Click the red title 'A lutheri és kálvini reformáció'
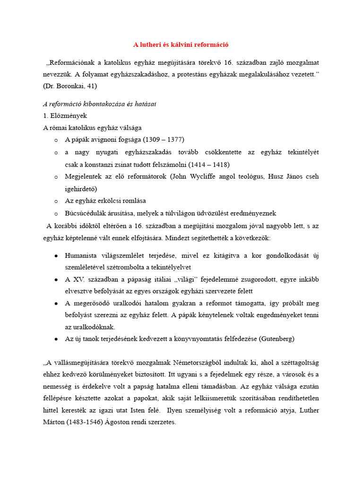pos(181,45)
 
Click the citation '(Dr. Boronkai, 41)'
pos(69,86)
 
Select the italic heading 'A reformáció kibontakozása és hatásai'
pos(99,104)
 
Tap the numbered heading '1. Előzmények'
pos(65,115)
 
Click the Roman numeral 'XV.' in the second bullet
pos(81,279)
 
